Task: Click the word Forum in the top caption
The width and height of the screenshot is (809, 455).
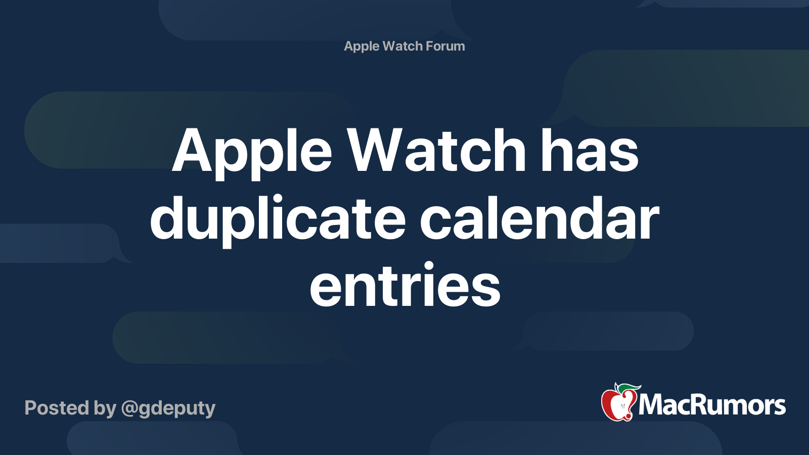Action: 445,46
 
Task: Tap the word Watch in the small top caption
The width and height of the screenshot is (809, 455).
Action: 402,46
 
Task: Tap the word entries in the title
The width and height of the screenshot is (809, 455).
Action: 405,285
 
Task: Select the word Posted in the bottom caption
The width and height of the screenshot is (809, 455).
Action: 57,407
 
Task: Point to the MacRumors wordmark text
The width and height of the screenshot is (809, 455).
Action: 712,405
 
